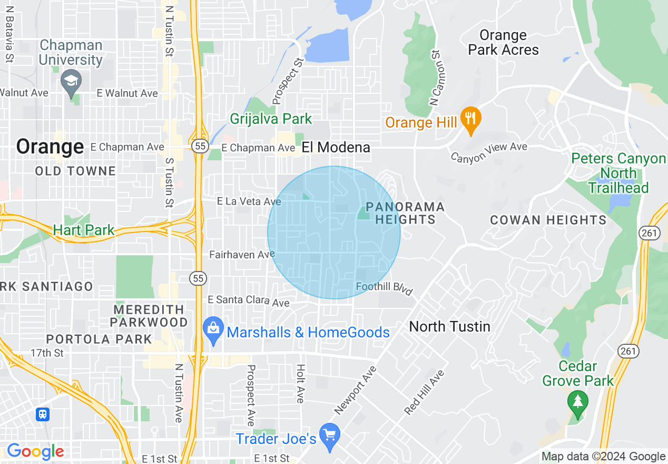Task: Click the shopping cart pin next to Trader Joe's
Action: (x=330, y=436)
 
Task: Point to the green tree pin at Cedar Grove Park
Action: (x=578, y=402)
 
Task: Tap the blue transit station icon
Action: (x=43, y=414)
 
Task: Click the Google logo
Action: (x=35, y=451)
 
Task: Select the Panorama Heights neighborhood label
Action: (x=405, y=213)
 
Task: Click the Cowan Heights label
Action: (x=548, y=220)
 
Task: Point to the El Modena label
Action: (x=336, y=148)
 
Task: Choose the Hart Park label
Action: (x=84, y=230)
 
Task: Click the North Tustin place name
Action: (x=449, y=326)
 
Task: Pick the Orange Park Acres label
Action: (x=503, y=43)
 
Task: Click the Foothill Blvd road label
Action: (x=385, y=288)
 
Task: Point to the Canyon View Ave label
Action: (x=489, y=151)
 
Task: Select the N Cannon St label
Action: (x=435, y=78)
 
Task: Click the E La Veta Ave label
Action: (x=249, y=201)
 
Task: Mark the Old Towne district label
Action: (x=75, y=171)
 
